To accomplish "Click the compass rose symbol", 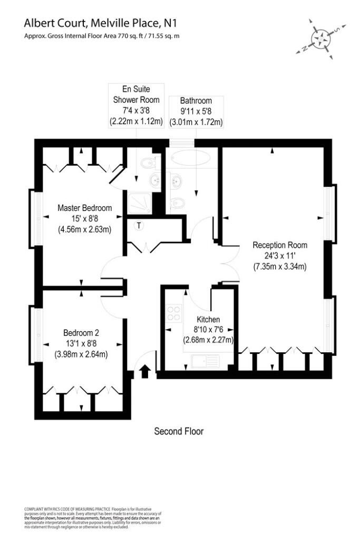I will [320, 38].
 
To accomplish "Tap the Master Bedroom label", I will [84, 208].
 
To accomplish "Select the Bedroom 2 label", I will [81, 333].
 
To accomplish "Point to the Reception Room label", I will [279, 245].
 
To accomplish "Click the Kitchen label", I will [208, 320].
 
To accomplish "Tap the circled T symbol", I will [139, 226].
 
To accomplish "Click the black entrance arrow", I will [145, 372].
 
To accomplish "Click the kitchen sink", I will [204, 361].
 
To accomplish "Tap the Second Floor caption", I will [179, 431].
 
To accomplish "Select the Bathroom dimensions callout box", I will [196, 111].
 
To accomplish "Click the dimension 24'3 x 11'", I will [279, 256].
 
